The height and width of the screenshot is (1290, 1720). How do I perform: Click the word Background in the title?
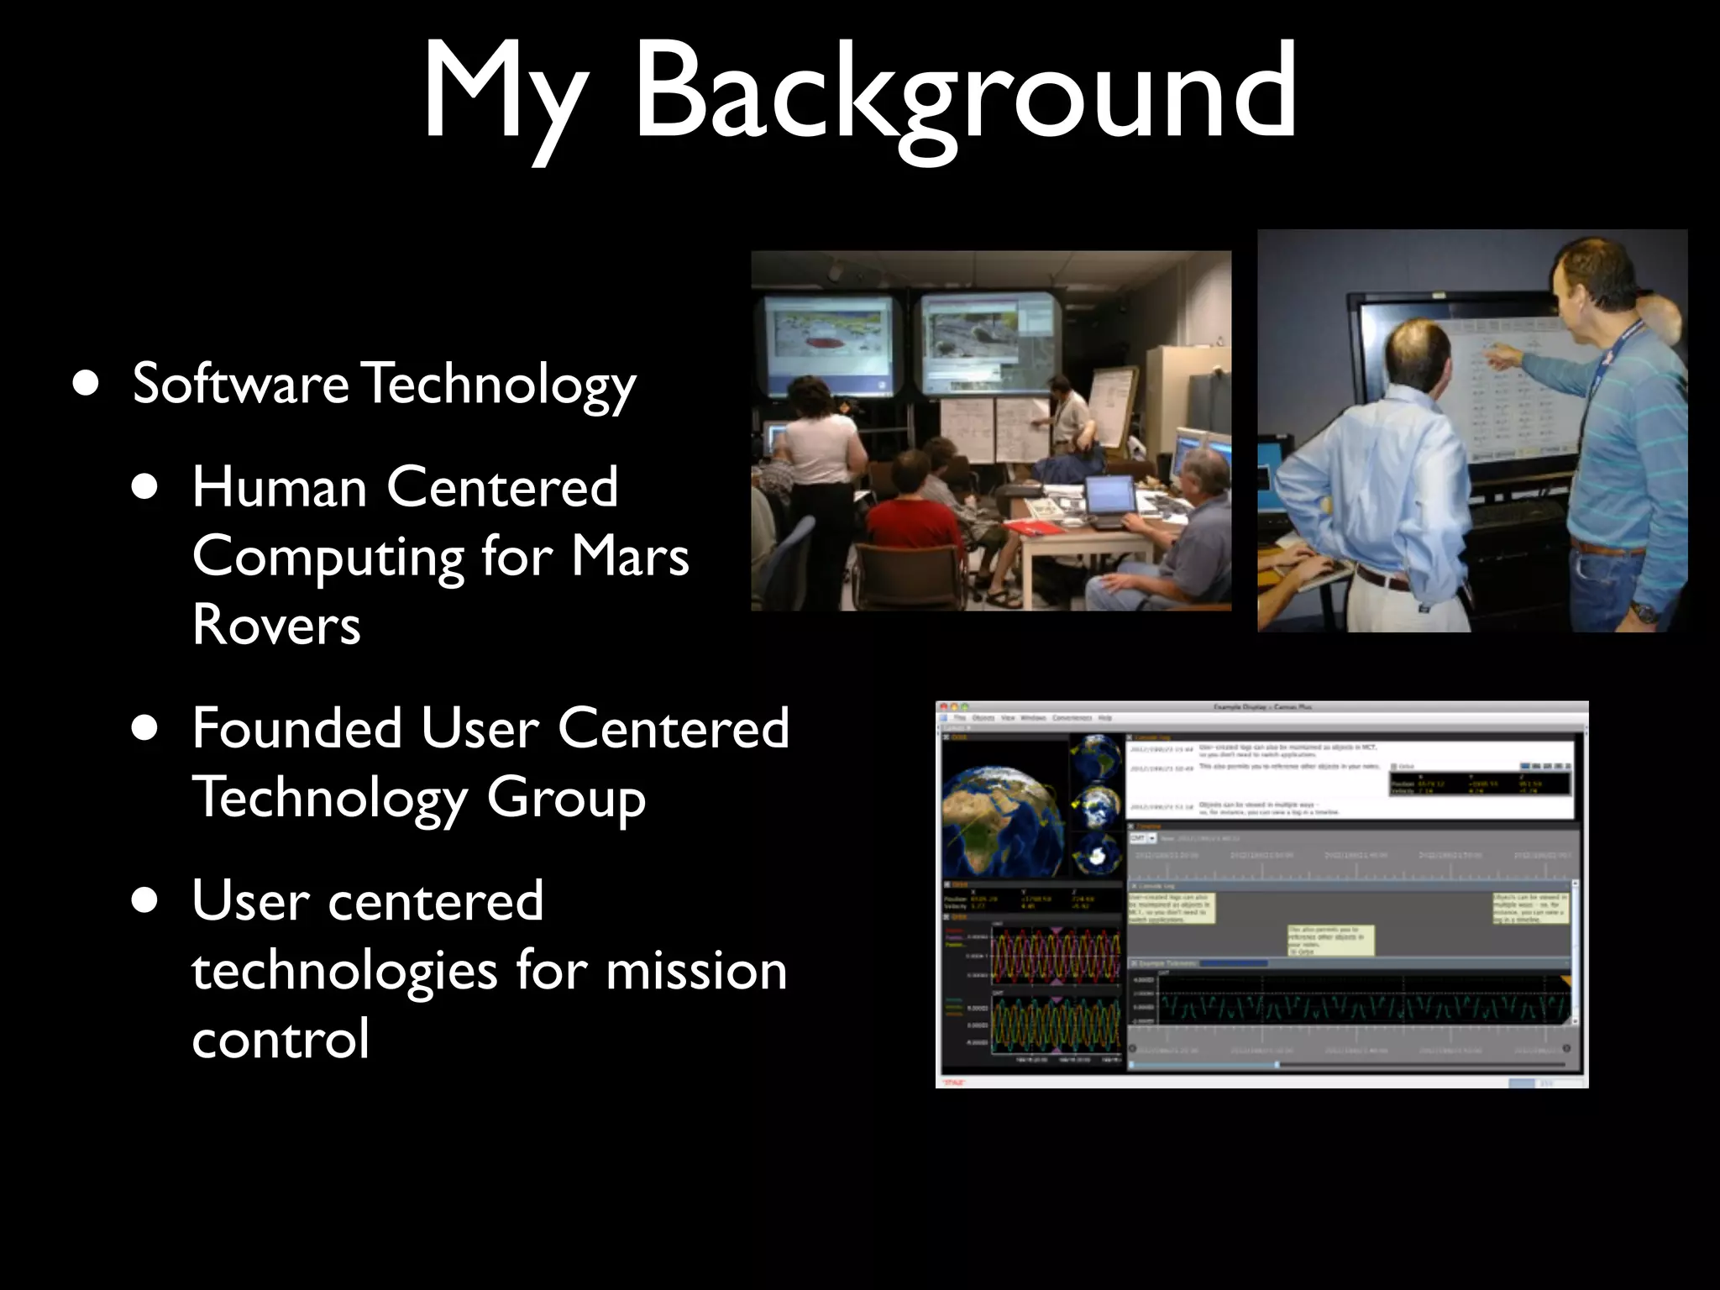[x=966, y=92]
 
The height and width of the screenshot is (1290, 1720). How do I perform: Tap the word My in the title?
[x=502, y=92]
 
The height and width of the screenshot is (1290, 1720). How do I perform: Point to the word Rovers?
[x=276, y=625]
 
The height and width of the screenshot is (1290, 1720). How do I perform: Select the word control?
[x=281, y=1039]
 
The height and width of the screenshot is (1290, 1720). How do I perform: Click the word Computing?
[x=328, y=558]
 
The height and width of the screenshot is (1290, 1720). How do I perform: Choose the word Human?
[x=280, y=487]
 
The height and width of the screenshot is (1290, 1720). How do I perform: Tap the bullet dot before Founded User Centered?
[x=144, y=728]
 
